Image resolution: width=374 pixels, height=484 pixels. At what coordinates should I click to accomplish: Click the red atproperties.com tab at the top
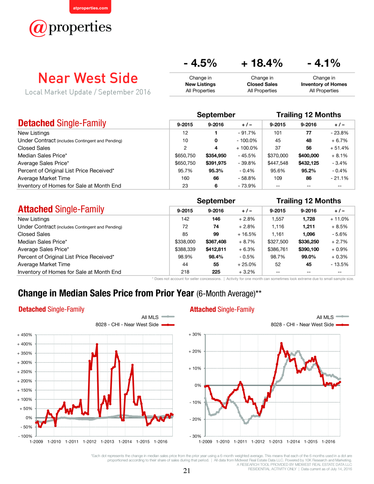pyautogui.click(x=90, y=7)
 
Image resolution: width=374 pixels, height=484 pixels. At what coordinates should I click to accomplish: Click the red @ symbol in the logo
pyautogui.click(x=38, y=28)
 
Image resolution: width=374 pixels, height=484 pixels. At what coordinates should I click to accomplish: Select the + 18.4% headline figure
pyautogui.click(x=262, y=63)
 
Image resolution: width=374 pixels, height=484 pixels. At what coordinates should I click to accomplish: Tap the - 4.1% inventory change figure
pyautogui.click(x=324, y=63)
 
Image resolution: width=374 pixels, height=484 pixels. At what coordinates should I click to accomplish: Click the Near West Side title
pyautogui.click(x=88, y=78)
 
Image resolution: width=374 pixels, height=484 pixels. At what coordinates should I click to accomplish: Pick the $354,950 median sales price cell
pyautogui.click(x=216, y=155)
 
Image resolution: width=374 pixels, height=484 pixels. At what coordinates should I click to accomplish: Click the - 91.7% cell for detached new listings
pyautogui.click(x=247, y=133)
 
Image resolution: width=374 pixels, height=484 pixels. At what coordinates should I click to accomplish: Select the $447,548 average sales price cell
pyautogui.click(x=278, y=163)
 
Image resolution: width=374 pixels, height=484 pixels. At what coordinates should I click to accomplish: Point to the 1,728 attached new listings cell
pyautogui.click(x=309, y=219)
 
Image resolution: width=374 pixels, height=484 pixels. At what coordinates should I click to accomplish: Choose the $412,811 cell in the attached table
pyautogui.click(x=216, y=249)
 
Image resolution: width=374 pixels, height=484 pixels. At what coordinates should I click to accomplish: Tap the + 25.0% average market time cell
pyautogui.click(x=247, y=264)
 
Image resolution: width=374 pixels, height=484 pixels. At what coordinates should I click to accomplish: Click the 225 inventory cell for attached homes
pyautogui.click(x=216, y=272)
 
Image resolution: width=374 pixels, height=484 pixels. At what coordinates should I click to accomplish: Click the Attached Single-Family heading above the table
pyautogui.click(x=61, y=209)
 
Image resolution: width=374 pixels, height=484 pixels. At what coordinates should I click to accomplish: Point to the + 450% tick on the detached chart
pyautogui.click(x=25, y=335)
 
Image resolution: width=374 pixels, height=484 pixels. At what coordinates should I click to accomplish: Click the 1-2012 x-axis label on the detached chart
pyautogui.click(x=90, y=442)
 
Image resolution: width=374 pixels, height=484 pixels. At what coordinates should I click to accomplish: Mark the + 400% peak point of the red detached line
pyautogui.click(x=97, y=344)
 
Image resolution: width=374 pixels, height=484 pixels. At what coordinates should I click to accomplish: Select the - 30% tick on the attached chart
pyautogui.click(x=195, y=436)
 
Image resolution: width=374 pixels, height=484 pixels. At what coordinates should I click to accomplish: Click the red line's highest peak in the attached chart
pyautogui.click(x=282, y=343)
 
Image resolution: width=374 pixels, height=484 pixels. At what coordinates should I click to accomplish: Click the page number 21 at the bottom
pyautogui.click(x=187, y=471)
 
